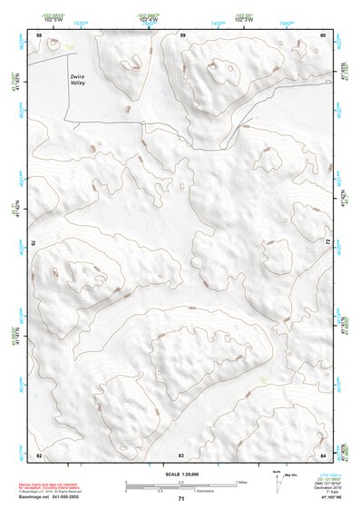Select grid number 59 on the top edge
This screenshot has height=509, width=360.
pos(182,34)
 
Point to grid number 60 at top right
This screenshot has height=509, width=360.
pos(323,34)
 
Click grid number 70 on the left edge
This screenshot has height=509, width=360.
pos(34,242)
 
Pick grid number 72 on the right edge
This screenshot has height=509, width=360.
pos(327,242)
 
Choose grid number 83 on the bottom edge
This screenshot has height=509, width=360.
pos(181,454)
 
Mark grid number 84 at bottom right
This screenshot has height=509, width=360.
pos(323,454)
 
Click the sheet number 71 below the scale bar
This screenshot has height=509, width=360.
pos(181,499)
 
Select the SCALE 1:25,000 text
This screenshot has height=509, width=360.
pos(180,474)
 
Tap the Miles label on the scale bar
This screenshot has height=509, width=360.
pos(242,482)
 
